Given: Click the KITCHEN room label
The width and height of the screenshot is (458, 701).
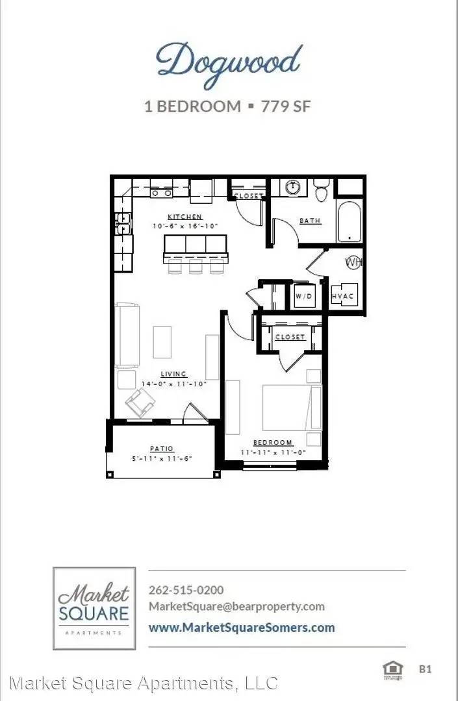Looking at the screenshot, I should (x=185, y=217).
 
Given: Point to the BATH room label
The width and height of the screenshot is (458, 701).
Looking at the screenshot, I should (x=310, y=221).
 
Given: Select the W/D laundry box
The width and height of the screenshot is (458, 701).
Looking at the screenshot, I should (x=303, y=296).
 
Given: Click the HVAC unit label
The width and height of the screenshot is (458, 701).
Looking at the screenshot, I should (x=342, y=296).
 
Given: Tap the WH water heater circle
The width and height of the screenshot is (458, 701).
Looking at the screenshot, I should (x=353, y=262).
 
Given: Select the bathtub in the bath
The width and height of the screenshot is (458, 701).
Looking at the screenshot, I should (x=348, y=223).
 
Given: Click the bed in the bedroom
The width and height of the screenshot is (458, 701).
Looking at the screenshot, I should (x=292, y=408).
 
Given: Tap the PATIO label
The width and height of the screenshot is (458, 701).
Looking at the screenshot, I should (x=161, y=449).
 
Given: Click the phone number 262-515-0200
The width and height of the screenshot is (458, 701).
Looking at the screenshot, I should (x=186, y=590).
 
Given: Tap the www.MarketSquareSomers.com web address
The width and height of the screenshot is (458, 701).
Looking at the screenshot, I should (x=242, y=627).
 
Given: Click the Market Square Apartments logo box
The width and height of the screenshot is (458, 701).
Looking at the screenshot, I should (x=94, y=608).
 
